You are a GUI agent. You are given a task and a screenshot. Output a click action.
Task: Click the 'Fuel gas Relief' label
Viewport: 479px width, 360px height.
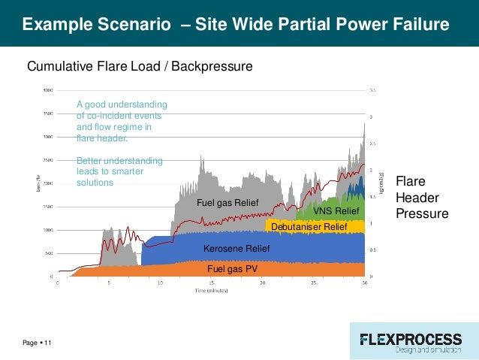point(227,204)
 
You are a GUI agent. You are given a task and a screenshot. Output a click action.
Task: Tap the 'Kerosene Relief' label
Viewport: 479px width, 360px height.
point(236,249)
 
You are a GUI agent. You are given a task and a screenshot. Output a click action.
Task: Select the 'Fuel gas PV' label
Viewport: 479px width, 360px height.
point(232,268)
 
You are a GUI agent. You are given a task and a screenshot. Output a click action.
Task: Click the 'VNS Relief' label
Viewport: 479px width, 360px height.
point(336,211)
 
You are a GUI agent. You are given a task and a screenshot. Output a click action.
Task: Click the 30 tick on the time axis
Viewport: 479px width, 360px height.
point(364,283)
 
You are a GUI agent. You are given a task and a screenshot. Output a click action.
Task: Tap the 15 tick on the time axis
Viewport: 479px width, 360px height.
point(211,283)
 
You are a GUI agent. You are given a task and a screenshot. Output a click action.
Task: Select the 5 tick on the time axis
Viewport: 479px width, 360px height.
point(109,283)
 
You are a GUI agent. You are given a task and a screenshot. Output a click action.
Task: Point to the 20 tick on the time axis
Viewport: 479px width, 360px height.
point(262,283)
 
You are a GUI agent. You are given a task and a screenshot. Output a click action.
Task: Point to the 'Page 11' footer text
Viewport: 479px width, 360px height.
point(37,343)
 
